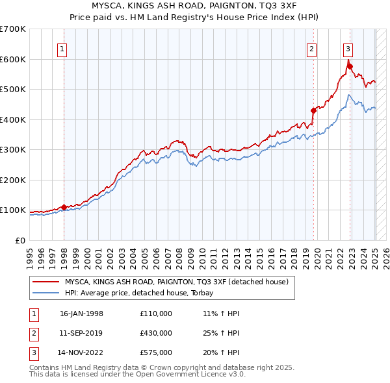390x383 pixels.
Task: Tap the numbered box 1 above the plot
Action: click(62, 48)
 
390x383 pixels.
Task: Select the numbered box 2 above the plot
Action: click(312, 48)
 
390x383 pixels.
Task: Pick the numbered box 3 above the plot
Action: click(348, 48)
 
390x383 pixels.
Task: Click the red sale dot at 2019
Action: click(313, 110)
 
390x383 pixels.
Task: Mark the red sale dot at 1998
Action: click(64, 207)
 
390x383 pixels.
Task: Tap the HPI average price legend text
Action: click(144, 293)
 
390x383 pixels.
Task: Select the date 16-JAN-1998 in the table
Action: click(81, 314)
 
